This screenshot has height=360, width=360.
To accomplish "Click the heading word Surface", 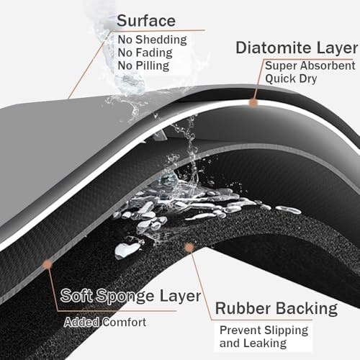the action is coord(146,21).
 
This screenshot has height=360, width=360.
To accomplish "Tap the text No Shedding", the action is coord(152,40).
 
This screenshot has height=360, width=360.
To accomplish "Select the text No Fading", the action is coord(145,53).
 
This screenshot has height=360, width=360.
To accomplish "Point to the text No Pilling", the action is coord(143,66).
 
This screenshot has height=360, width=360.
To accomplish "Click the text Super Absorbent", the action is coord(310,66).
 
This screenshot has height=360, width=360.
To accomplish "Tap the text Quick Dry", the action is coord(291,78).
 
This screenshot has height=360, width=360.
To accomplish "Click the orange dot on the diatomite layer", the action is coord(253,103).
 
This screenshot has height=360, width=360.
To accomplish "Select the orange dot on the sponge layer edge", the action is coord(48,264).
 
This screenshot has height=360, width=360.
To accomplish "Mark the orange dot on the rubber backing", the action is coord(189,248).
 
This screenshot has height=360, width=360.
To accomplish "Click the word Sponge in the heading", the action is coord(126,297).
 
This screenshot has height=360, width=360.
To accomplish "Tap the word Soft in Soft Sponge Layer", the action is coord(76,295).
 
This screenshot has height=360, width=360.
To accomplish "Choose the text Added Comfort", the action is coord(105,322).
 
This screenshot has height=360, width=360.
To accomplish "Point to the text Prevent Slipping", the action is coord(264,330).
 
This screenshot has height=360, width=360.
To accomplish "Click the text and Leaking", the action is coord(253,343).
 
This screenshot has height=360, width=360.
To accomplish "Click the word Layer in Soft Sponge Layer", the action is coord(180,297).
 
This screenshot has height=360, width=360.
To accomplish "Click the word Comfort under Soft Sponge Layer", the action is coord(125,322).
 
